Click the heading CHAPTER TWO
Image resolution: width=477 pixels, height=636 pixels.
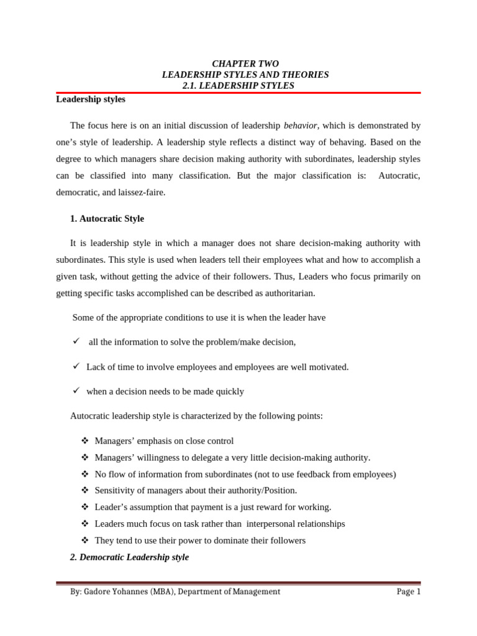(245, 64)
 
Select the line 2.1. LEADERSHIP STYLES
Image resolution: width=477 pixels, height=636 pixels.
(238, 86)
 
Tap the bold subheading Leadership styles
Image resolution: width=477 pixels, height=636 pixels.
(91, 99)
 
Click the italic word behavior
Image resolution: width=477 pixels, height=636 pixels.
(301, 125)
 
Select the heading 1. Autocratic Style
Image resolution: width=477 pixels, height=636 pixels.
(107, 219)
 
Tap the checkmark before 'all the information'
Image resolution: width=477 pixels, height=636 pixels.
(76, 341)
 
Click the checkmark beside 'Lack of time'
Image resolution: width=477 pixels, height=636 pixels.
(76, 366)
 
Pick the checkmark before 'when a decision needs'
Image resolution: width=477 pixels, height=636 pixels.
(76, 391)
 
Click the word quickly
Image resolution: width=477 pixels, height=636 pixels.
(229, 392)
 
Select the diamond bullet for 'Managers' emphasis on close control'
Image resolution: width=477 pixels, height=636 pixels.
(85, 440)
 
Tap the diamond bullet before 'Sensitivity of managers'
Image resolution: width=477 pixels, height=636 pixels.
(85, 490)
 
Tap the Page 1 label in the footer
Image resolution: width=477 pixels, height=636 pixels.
(409, 592)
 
